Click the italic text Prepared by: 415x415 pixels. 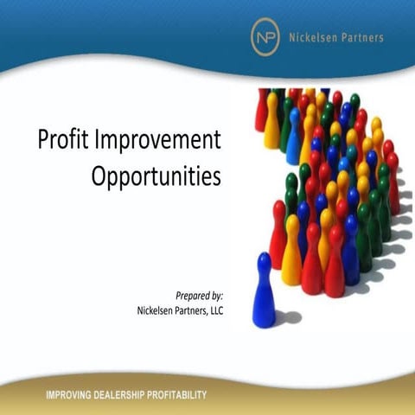click(200, 295)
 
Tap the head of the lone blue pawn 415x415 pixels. click(263, 260)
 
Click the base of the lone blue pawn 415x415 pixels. click(263, 320)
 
